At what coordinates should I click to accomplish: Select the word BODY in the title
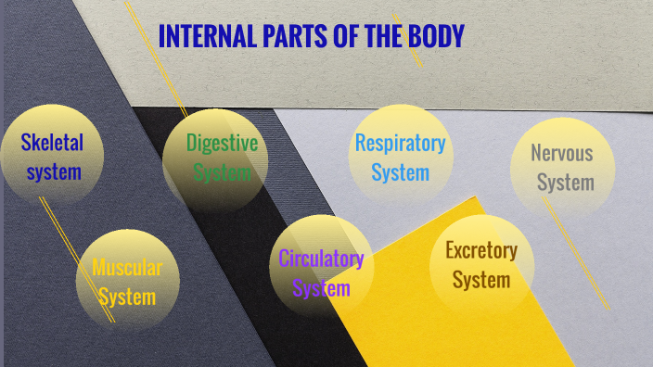coord(436,37)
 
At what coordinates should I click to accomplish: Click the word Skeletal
coord(53,143)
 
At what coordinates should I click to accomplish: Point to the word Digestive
coord(222,143)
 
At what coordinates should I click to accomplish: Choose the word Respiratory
coord(400,144)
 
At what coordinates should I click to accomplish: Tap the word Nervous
coord(561,153)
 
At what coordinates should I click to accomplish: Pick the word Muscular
coord(127,269)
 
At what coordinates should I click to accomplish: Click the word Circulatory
coord(321,259)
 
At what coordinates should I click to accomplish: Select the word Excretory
coord(481,249)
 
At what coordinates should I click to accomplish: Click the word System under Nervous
coord(565,182)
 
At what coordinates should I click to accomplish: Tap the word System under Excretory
coord(481,279)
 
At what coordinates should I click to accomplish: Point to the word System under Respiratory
coord(401,172)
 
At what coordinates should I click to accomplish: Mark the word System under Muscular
coord(127,297)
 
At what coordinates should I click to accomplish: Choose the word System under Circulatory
coord(321,288)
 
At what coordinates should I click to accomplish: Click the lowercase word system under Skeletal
coord(54,171)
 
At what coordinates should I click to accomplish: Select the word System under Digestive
coord(223,172)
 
